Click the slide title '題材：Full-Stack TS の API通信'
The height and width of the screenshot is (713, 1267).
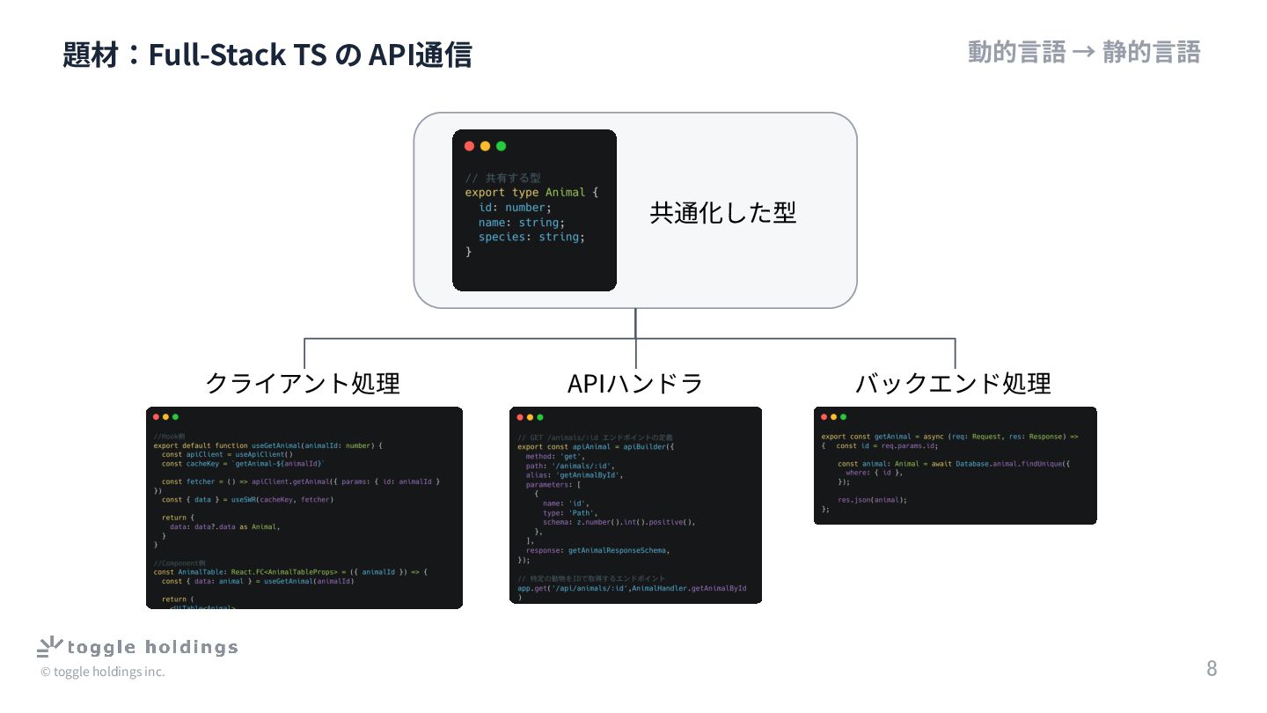[267, 55]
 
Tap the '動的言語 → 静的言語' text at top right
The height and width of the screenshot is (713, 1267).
[1084, 52]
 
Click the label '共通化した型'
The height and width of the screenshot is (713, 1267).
[722, 212]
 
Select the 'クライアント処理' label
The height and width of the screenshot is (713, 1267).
[303, 383]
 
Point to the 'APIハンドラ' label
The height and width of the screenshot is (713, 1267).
[635, 383]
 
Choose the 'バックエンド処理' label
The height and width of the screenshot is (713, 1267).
[954, 383]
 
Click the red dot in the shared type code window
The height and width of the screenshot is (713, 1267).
[469, 146]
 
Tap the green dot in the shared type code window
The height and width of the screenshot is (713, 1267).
[502, 146]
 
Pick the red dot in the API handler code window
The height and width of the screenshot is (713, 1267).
[519, 417]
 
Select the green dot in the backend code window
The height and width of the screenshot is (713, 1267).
[843, 417]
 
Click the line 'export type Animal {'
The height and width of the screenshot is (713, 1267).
[531, 192]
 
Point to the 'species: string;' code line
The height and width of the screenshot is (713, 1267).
[531, 237]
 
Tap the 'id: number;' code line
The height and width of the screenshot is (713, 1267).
[515, 207]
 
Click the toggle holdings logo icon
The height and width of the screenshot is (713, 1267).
[49, 647]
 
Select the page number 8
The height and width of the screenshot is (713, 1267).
[1212, 668]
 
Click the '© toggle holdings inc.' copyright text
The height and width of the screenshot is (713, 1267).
[102, 672]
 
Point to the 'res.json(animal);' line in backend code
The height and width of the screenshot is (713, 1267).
[872, 499]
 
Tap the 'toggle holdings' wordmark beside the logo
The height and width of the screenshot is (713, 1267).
[153, 648]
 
